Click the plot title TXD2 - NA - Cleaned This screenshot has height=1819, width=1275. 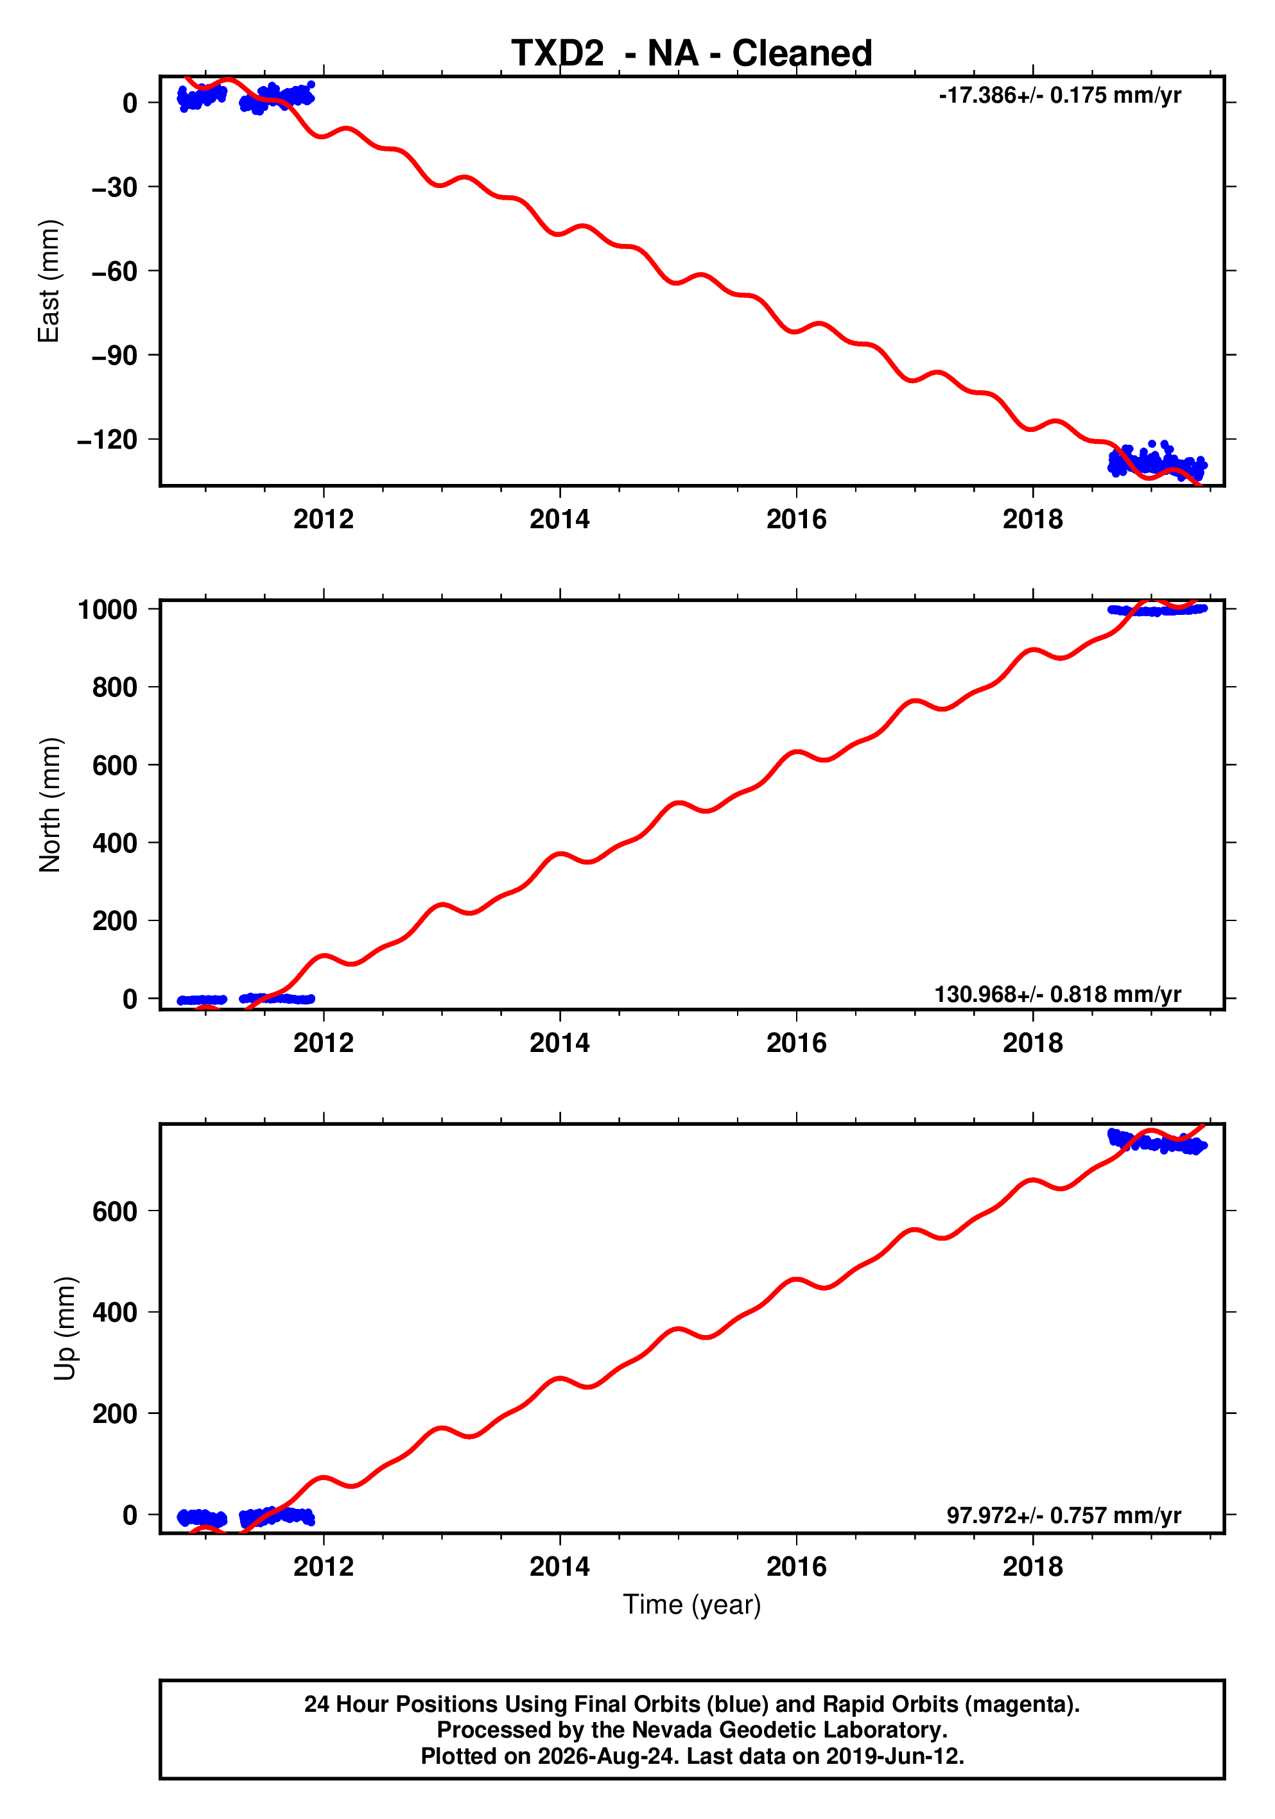[x=692, y=53]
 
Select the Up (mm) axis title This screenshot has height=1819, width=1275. [x=64, y=1329]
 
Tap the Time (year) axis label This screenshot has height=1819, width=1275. [x=692, y=1604]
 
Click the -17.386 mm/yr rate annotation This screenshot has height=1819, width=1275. [x=1059, y=95]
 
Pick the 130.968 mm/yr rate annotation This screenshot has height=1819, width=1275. [x=1058, y=994]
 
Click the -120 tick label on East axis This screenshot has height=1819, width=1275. [x=107, y=440]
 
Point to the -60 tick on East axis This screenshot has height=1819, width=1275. [x=114, y=271]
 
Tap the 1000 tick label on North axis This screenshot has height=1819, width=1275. [x=108, y=609]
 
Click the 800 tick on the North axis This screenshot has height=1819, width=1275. [x=115, y=687]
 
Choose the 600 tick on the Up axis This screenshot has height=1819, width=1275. [x=115, y=1211]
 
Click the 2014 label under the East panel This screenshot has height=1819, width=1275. [x=559, y=520]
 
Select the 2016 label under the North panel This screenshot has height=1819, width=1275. [x=795, y=1044]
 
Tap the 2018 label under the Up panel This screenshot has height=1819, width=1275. [x=1032, y=1567]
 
